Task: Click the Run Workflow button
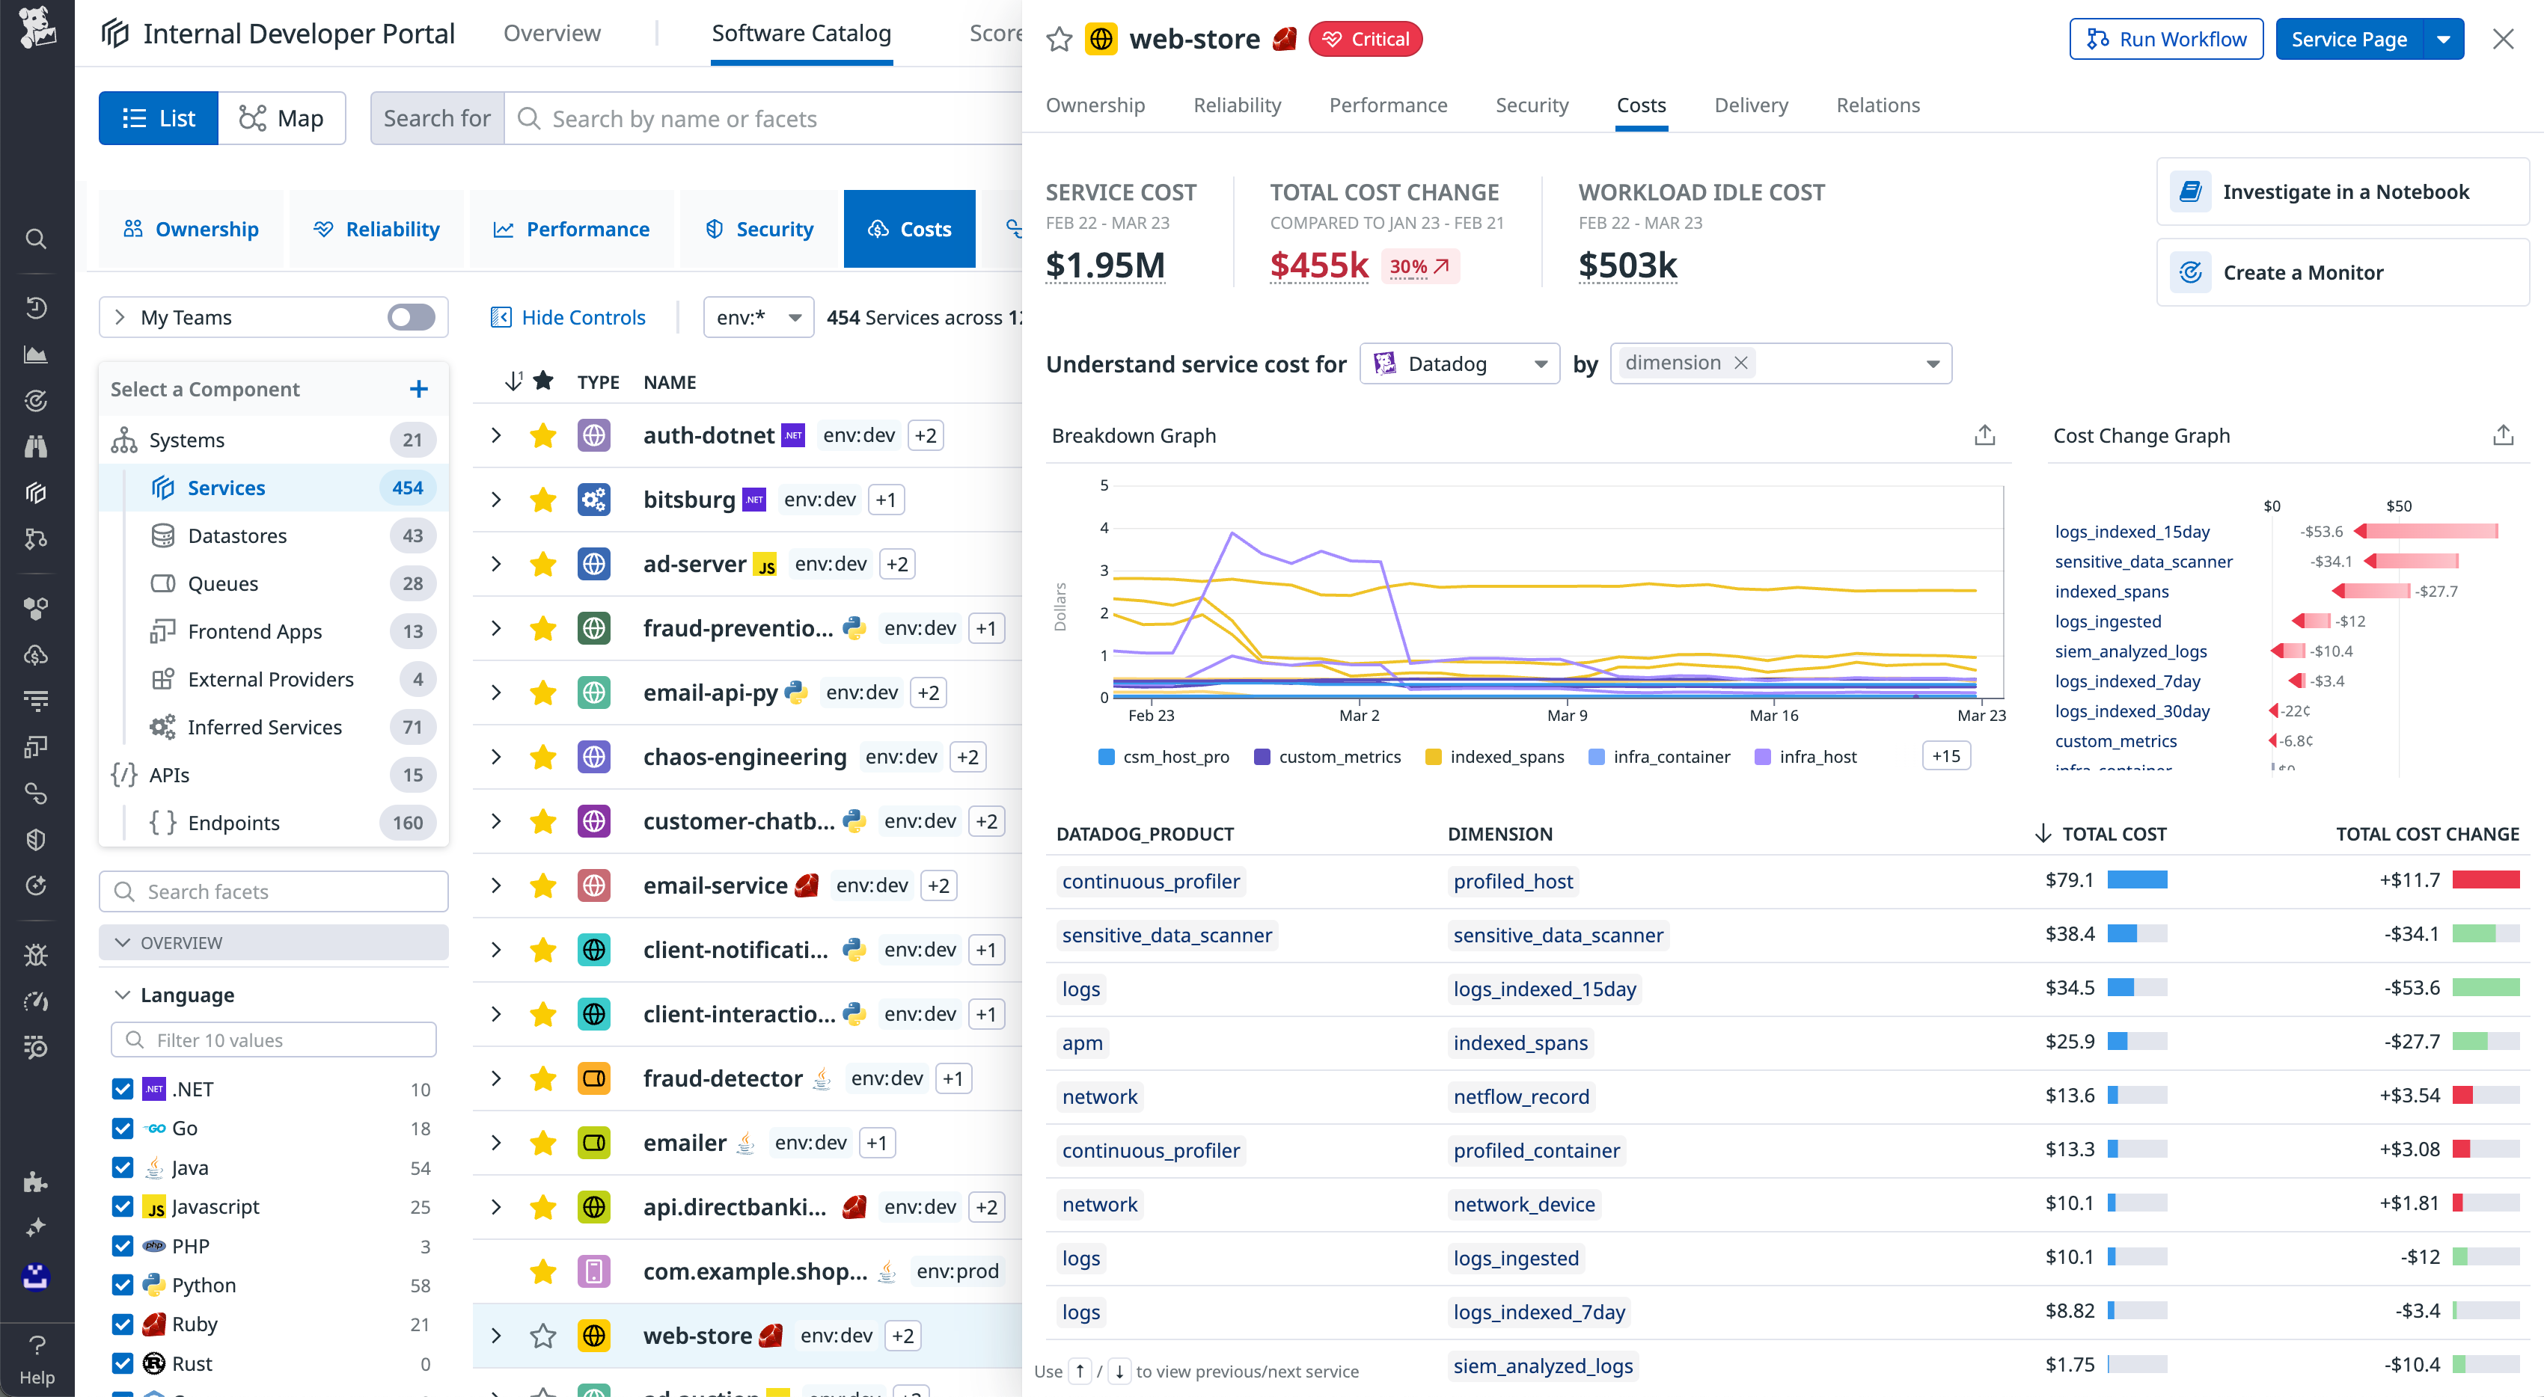tap(2165, 40)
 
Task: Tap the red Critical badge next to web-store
tap(1365, 40)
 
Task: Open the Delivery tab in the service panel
tap(1750, 105)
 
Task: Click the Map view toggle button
tap(281, 118)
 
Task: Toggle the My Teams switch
tap(411, 317)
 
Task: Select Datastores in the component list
tap(237, 535)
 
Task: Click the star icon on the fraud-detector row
tap(542, 1078)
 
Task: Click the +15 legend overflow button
tap(1945, 756)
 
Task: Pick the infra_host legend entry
tap(1817, 758)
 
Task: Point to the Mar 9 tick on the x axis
tap(1568, 715)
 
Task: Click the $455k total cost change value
tap(1318, 265)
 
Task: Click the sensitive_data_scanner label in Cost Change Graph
tap(2143, 562)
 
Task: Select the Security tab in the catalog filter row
tap(759, 229)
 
